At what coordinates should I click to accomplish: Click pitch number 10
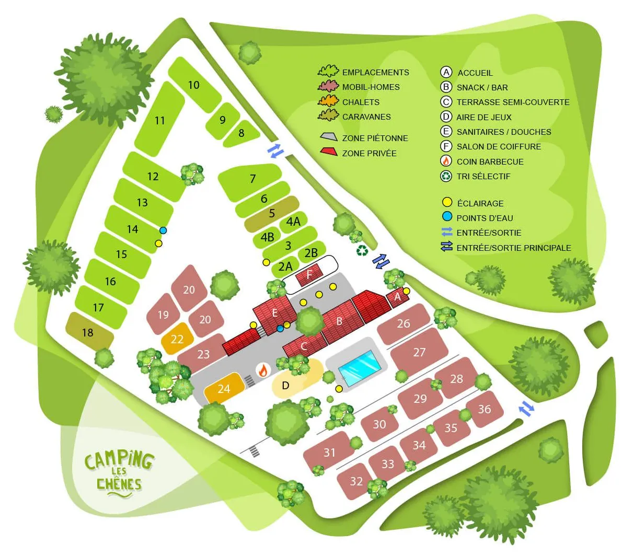pyautogui.click(x=193, y=85)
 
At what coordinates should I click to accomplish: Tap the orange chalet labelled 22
pyautogui.click(x=177, y=340)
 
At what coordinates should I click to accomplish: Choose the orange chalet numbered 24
pyautogui.click(x=224, y=389)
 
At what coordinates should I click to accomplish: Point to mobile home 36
pyautogui.click(x=485, y=409)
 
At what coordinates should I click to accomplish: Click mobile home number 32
pyautogui.click(x=356, y=481)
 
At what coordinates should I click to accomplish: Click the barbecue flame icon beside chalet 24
pyautogui.click(x=263, y=370)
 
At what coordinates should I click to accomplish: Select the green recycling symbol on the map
pyautogui.click(x=362, y=252)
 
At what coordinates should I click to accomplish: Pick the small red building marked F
pyautogui.click(x=309, y=275)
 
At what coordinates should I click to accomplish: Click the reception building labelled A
pyautogui.click(x=397, y=297)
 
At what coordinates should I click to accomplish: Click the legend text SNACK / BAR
pyautogui.click(x=482, y=88)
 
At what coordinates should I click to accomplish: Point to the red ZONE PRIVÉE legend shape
pyautogui.click(x=329, y=152)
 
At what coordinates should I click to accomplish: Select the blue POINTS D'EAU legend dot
pyautogui.click(x=447, y=217)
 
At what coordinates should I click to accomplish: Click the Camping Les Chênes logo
pyautogui.click(x=119, y=471)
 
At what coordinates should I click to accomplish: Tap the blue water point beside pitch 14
pyautogui.click(x=163, y=230)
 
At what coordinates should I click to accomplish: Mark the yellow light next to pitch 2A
pyautogui.click(x=267, y=262)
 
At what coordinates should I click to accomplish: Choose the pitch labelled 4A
pyautogui.click(x=293, y=222)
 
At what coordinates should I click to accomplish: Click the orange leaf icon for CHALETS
pyautogui.click(x=328, y=101)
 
